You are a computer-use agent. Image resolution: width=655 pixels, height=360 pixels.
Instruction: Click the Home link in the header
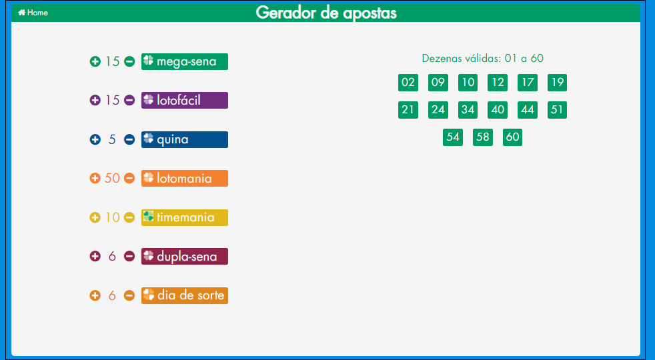click(33, 13)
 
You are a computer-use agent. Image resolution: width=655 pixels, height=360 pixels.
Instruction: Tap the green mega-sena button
click(185, 61)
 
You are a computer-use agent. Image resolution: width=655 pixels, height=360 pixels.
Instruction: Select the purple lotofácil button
click(185, 100)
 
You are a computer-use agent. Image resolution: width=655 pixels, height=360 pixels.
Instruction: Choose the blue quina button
click(185, 139)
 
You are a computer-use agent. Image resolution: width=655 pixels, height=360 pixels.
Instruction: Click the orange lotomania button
click(185, 178)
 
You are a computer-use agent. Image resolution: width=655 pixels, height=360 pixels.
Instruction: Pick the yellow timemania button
click(185, 217)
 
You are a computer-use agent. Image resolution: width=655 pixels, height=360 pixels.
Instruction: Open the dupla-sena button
click(185, 257)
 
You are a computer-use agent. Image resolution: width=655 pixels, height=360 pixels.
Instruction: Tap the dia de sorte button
click(185, 296)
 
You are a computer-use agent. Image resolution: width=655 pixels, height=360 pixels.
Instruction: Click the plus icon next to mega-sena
click(95, 61)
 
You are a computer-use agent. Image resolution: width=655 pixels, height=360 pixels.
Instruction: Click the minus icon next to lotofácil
click(129, 100)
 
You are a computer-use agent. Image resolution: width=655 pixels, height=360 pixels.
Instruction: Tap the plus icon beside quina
click(95, 139)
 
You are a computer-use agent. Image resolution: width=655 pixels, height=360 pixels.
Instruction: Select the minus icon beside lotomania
click(129, 178)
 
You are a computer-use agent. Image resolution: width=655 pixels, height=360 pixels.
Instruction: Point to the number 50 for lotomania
click(112, 178)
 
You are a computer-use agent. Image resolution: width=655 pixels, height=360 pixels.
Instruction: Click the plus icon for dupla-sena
click(95, 257)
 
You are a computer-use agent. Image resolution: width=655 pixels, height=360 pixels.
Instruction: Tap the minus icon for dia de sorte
click(129, 296)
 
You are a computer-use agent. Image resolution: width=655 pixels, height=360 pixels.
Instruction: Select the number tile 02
click(408, 82)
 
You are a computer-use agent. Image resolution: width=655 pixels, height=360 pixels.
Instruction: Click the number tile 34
click(468, 110)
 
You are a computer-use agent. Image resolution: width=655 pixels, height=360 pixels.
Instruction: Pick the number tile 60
click(512, 137)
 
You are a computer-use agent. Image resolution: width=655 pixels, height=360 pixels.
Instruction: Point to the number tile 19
click(557, 82)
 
